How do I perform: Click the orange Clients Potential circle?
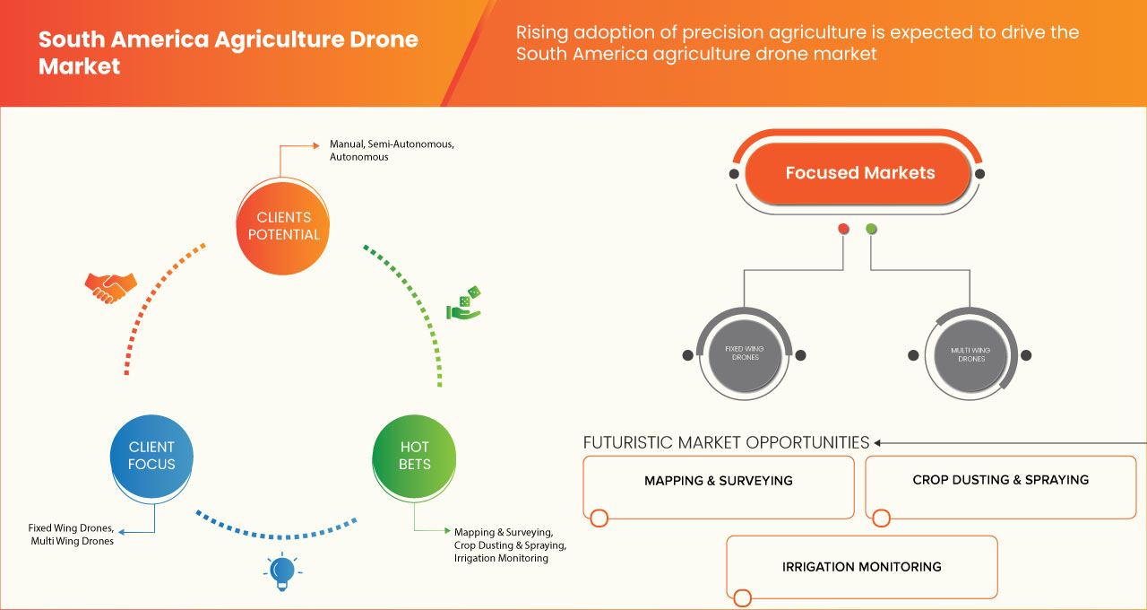click(x=282, y=225)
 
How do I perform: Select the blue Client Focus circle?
click(x=151, y=456)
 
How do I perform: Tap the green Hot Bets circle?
click(x=414, y=456)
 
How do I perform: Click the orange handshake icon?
click(x=110, y=286)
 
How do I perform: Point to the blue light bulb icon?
click(x=281, y=571)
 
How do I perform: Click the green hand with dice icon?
click(x=464, y=304)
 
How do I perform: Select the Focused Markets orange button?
click(x=859, y=173)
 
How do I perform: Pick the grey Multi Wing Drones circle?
click(x=971, y=353)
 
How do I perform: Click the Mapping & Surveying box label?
click(x=719, y=481)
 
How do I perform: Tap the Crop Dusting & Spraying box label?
click(x=1000, y=480)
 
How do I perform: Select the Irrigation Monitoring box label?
click(x=861, y=567)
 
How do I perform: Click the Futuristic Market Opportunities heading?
click(x=726, y=442)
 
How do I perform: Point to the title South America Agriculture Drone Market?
click(x=229, y=53)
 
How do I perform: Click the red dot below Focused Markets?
click(x=843, y=230)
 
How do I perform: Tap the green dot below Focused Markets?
click(x=871, y=230)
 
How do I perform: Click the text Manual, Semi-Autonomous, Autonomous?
click(x=386, y=150)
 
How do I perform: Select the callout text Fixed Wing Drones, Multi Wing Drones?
click(x=72, y=535)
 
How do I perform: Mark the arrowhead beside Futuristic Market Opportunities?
click(x=878, y=442)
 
